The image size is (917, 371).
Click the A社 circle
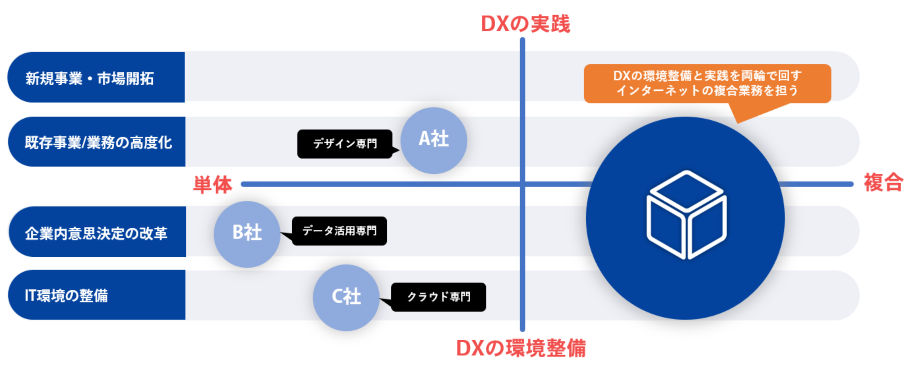coord(434,140)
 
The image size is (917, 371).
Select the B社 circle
coord(247,234)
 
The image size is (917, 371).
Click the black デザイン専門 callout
coord(345,144)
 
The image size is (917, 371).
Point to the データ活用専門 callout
coord(339,231)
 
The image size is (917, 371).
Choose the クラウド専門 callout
coord(438,297)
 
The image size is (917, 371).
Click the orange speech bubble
coord(707,84)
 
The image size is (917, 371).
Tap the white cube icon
coord(686,215)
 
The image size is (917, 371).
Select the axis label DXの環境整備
coord(521,348)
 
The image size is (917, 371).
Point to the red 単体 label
coord(212,184)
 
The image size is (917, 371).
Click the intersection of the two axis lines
coord(522,184)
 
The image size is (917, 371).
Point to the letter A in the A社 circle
coord(425,139)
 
